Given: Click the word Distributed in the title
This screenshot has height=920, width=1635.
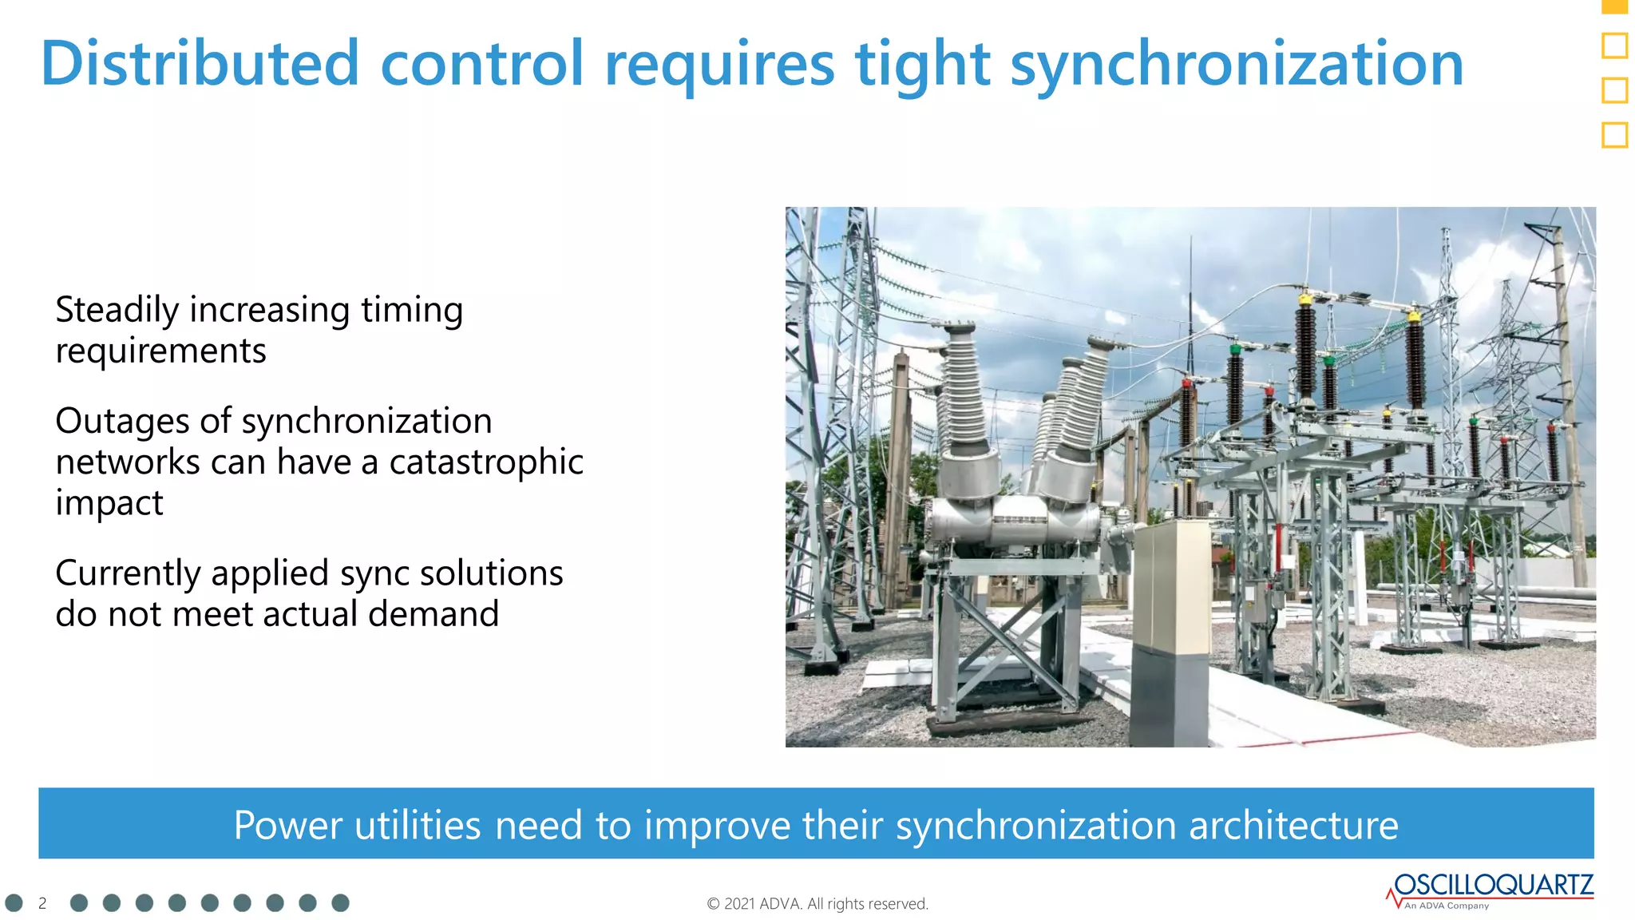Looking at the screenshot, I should [x=200, y=64].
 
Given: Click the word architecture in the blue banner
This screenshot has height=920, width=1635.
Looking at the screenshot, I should [x=1293, y=824].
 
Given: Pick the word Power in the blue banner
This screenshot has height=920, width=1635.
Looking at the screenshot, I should [x=288, y=824].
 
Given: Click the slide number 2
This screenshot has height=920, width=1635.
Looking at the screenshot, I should [x=42, y=903].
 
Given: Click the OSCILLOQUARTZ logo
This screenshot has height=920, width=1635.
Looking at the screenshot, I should [x=1493, y=885].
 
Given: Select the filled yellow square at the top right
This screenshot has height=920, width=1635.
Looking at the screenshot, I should [x=1614, y=6].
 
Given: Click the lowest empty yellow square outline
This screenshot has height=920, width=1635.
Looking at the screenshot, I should [x=1614, y=135].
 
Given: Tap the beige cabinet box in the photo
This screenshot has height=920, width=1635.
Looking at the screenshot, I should [x=1170, y=583].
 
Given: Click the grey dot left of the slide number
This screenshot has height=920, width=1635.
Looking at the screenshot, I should [x=14, y=902].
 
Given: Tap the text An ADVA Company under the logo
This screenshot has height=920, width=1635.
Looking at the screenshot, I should [x=1447, y=906].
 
